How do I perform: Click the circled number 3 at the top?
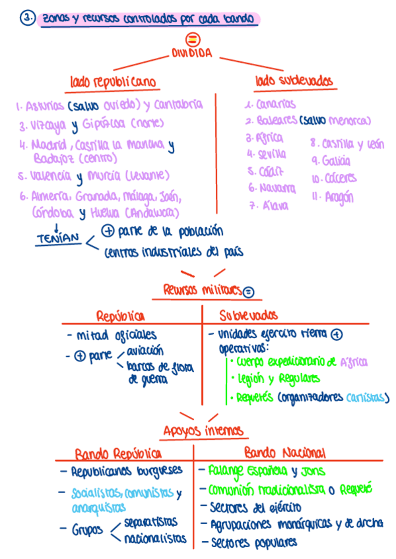click(x=27, y=19)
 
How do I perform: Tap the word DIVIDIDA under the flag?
click(x=192, y=54)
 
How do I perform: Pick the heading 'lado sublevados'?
click(x=294, y=81)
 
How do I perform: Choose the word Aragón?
click(x=339, y=196)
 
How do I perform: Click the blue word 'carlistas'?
click(x=367, y=397)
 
